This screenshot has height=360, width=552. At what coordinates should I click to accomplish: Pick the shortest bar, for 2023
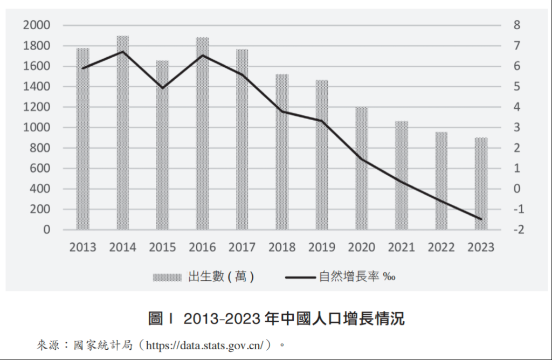pos(481,183)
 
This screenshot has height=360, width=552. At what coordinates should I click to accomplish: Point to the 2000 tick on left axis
pos(36,25)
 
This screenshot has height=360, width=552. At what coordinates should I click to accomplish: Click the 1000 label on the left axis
pos(36,128)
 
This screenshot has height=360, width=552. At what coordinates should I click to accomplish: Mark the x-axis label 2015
pos(162,247)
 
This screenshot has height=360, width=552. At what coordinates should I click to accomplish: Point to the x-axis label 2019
pos(322,247)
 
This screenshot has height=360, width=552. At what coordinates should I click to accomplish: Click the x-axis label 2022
pos(441,247)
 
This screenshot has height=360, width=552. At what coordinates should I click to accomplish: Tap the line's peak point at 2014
pos(123,52)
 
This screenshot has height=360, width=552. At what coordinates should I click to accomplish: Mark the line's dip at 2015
pos(163,87)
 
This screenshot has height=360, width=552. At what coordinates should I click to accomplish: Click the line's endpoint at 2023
pos(481,219)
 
